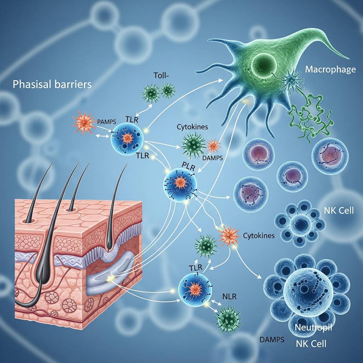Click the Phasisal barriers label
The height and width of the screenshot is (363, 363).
pos(52,85)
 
